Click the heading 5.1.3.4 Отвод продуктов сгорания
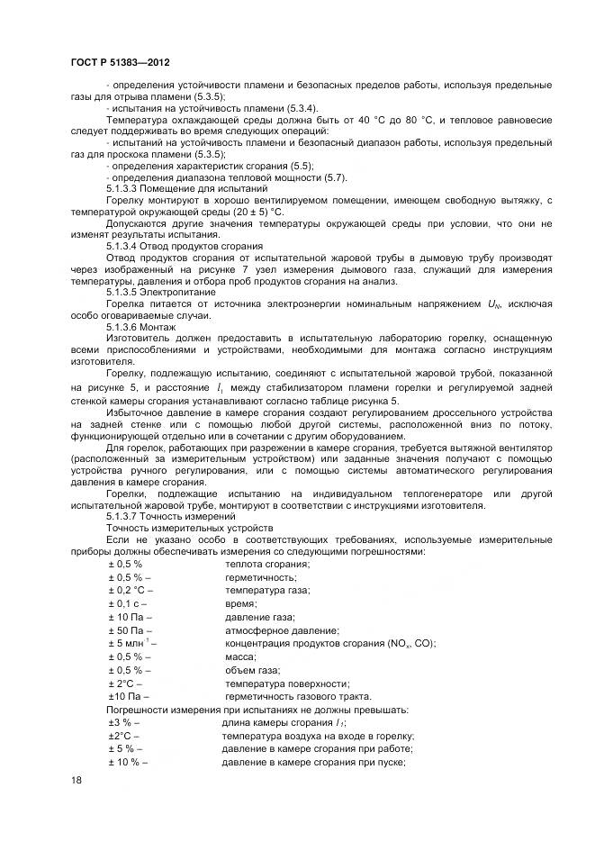[x=184, y=245]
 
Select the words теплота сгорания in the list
[x=266, y=563]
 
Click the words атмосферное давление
[x=280, y=630]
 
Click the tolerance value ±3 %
[x=122, y=722]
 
